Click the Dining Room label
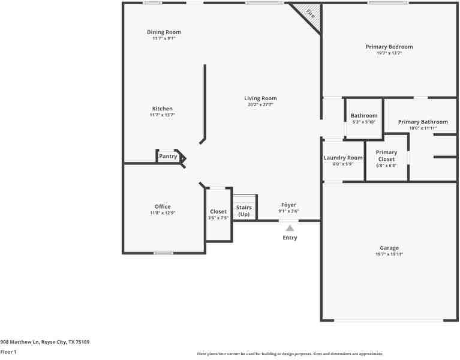point(164,32)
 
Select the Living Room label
point(260,98)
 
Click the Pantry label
point(168,157)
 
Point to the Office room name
point(163,207)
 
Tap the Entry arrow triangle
point(290,228)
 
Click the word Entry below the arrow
point(290,238)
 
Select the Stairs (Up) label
point(244,211)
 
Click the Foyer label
point(288,205)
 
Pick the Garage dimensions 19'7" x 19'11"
point(389,254)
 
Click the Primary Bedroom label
point(389,47)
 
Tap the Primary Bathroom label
point(423,122)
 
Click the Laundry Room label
point(343,158)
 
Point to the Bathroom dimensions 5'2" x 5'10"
point(363,122)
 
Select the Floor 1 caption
point(8,352)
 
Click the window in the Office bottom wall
point(163,253)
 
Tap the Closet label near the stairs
point(218,212)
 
